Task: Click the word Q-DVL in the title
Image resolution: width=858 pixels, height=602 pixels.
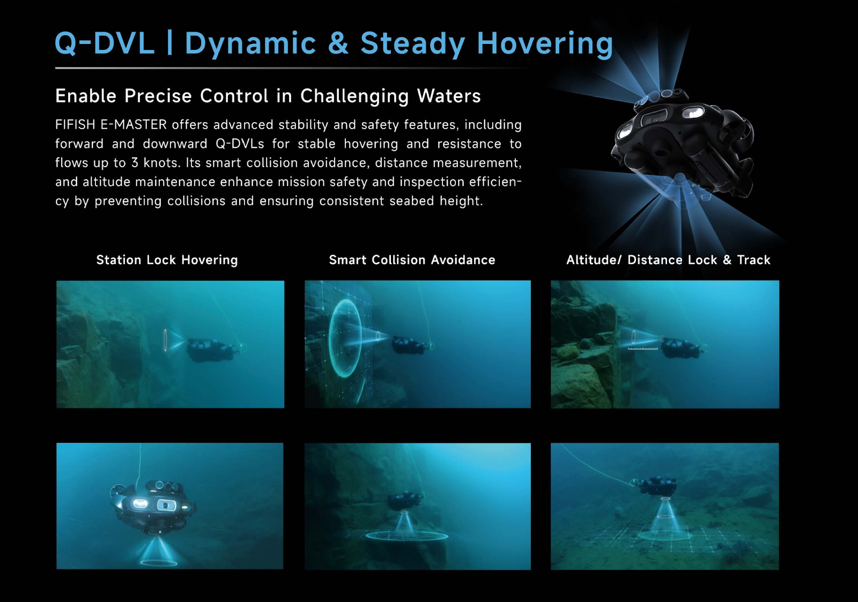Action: click(105, 43)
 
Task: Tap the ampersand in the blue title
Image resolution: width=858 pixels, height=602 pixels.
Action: click(338, 43)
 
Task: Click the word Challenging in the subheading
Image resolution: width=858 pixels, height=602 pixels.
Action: click(354, 96)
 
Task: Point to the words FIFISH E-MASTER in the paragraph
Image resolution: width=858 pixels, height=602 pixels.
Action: click(111, 124)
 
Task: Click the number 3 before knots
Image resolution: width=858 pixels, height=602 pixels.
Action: click(135, 163)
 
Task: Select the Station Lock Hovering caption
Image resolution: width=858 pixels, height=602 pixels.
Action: click(167, 260)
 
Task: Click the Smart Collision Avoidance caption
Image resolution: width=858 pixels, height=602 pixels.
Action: click(412, 260)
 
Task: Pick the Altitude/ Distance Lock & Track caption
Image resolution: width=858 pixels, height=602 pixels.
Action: click(668, 260)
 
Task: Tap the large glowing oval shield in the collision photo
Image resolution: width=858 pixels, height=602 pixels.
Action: click(345, 338)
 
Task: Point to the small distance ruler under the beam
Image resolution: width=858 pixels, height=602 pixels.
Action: click(642, 349)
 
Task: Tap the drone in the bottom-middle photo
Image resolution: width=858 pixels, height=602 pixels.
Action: click(404, 501)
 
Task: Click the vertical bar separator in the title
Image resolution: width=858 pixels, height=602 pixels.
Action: click(169, 42)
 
